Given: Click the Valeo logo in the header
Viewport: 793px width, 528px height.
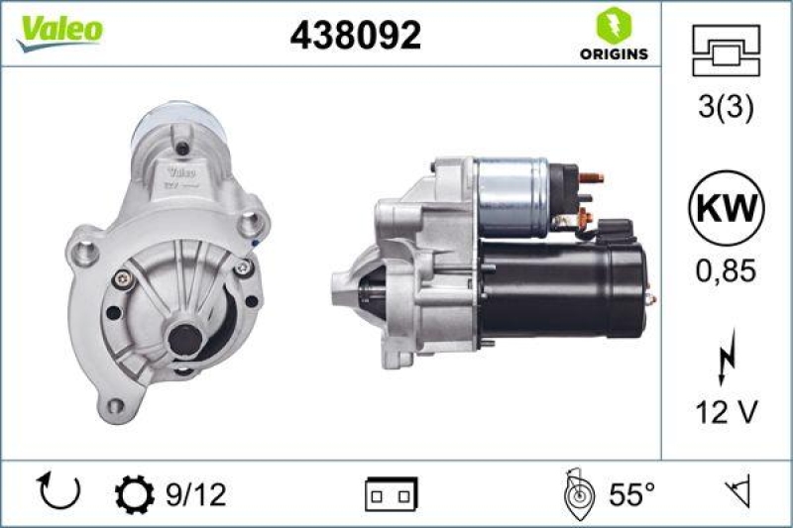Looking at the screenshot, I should pyautogui.click(x=58, y=31).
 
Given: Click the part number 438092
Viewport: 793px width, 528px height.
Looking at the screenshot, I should pyautogui.click(x=355, y=36).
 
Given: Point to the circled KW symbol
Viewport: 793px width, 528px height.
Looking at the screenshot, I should pyautogui.click(x=727, y=210).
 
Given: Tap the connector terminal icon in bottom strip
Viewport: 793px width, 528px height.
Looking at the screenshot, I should pyautogui.click(x=392, y=492).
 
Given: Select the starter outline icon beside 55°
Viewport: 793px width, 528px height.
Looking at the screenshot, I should pyautogui.click(x=578, y=492).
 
